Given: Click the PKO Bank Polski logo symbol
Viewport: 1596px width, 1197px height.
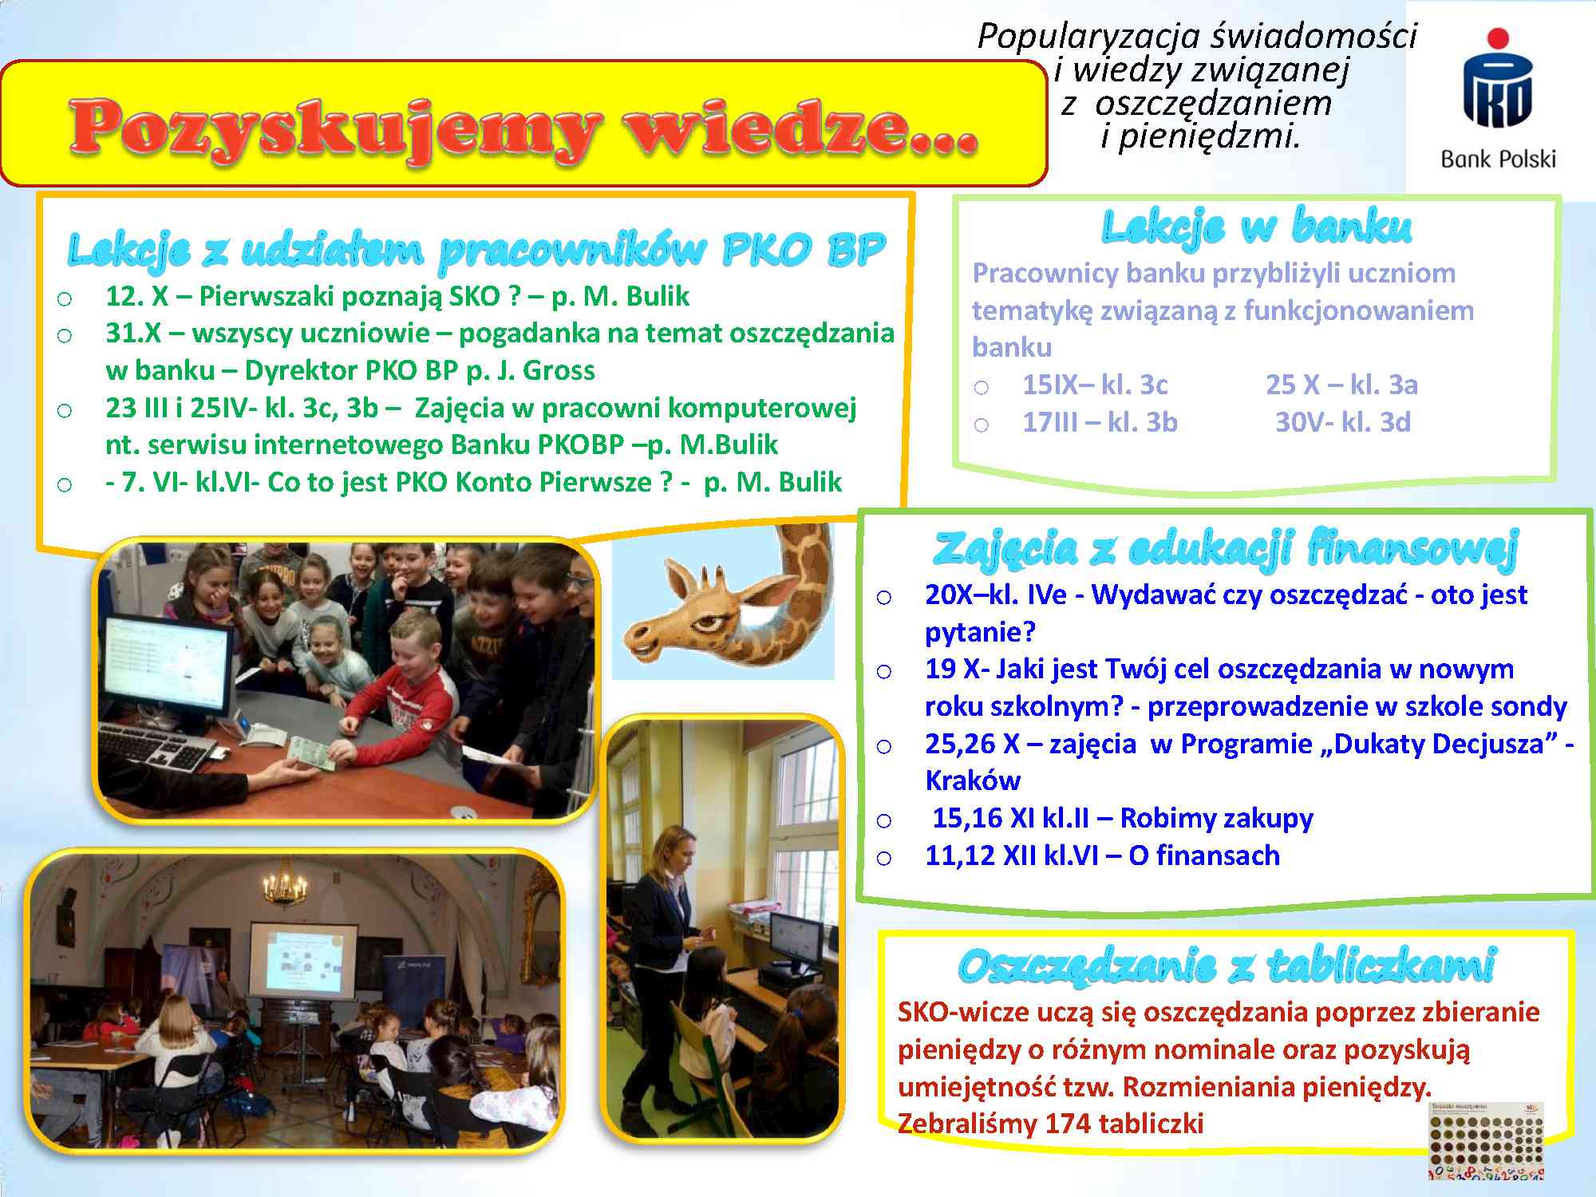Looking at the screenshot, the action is [x=1498, y=80].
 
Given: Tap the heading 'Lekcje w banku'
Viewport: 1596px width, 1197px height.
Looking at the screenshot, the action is [x=1256, y=227].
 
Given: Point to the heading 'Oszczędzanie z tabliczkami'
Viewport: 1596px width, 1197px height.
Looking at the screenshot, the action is [x=1227, y=966].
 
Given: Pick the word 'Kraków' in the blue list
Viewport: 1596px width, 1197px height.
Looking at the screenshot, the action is [x=973, y=780].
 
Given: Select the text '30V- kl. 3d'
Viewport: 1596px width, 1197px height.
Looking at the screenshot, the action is [x=1342, y=421].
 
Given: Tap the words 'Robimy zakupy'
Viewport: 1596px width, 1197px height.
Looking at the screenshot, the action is [x=1216, y=818].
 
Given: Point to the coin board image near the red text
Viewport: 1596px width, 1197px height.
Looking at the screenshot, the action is [x=1486, y=1140].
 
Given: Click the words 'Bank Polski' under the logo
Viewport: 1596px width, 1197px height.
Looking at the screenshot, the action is [x=1498, y=160].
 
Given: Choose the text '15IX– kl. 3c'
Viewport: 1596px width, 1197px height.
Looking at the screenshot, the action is [x=1095, y=385].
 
